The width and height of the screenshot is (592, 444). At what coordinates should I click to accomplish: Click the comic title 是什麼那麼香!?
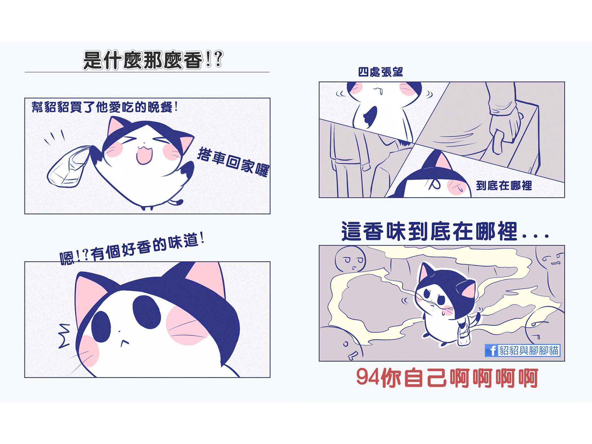[x=153, y=60]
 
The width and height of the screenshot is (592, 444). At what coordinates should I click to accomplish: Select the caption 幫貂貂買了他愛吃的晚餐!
[x=105, y=107]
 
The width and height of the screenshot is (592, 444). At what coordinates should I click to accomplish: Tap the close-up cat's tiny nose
[x=119, y=331]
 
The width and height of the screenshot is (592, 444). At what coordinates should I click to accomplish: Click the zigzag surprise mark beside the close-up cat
[x=64, y=336]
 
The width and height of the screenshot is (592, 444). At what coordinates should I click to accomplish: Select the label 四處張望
[x=380, y=72]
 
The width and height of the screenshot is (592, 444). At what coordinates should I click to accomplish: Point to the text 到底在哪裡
[x=504, y=185]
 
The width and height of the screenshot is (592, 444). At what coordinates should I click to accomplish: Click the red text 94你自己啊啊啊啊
[x=447, y=378]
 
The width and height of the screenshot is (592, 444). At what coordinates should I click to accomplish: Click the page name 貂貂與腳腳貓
[x=529, y=350]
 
